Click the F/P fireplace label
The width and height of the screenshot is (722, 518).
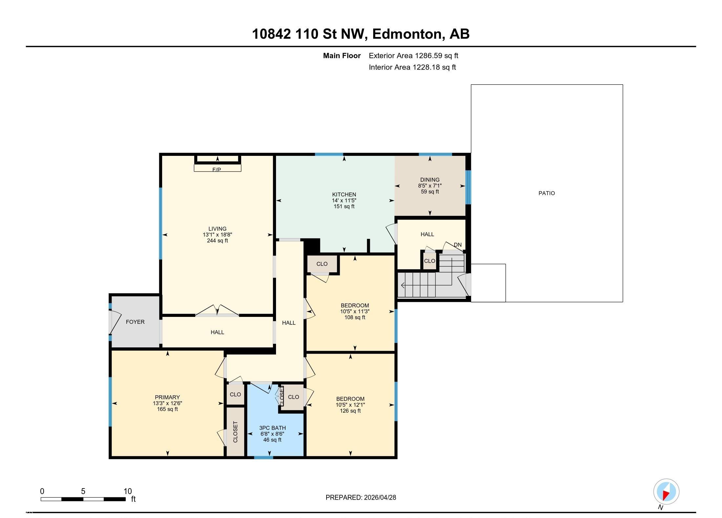coord(217,170)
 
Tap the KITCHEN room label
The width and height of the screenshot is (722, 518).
coord(344,195)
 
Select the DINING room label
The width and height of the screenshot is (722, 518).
coord(430,180)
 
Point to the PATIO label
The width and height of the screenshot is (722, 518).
coord(546,193)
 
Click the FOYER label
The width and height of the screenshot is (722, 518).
coord(135,322)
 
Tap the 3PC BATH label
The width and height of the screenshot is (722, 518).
coord(272,428)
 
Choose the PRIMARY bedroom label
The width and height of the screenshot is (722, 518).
coord(167,397)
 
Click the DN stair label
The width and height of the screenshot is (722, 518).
coord(457,245)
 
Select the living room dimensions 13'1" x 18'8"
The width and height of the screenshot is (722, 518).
coord(217,235)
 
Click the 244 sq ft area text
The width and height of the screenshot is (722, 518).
coord(217,240)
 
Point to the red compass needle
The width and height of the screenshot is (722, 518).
coord(666,495)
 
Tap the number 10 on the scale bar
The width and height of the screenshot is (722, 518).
coord(128,491)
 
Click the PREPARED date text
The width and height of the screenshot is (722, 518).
coord(361,497)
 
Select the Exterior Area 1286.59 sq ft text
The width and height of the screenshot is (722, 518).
coord(414,56)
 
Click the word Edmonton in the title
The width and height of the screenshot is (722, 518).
coord(407,34)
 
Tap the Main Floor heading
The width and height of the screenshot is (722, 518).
coord(342,56)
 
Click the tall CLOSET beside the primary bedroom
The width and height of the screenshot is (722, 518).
coord(235,432)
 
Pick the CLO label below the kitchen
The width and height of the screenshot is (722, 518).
coord(322,264)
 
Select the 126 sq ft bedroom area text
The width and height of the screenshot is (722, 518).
coord(350,411)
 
